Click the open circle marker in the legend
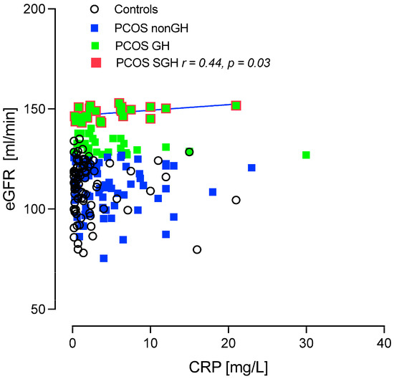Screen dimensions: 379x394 (96, 9)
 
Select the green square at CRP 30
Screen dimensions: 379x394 (306, 155)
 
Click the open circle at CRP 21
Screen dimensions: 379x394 (236, 200)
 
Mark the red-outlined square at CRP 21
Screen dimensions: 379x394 (236, 105)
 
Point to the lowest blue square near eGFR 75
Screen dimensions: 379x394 (104, 258)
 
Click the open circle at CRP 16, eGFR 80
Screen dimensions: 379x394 (197, 249)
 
